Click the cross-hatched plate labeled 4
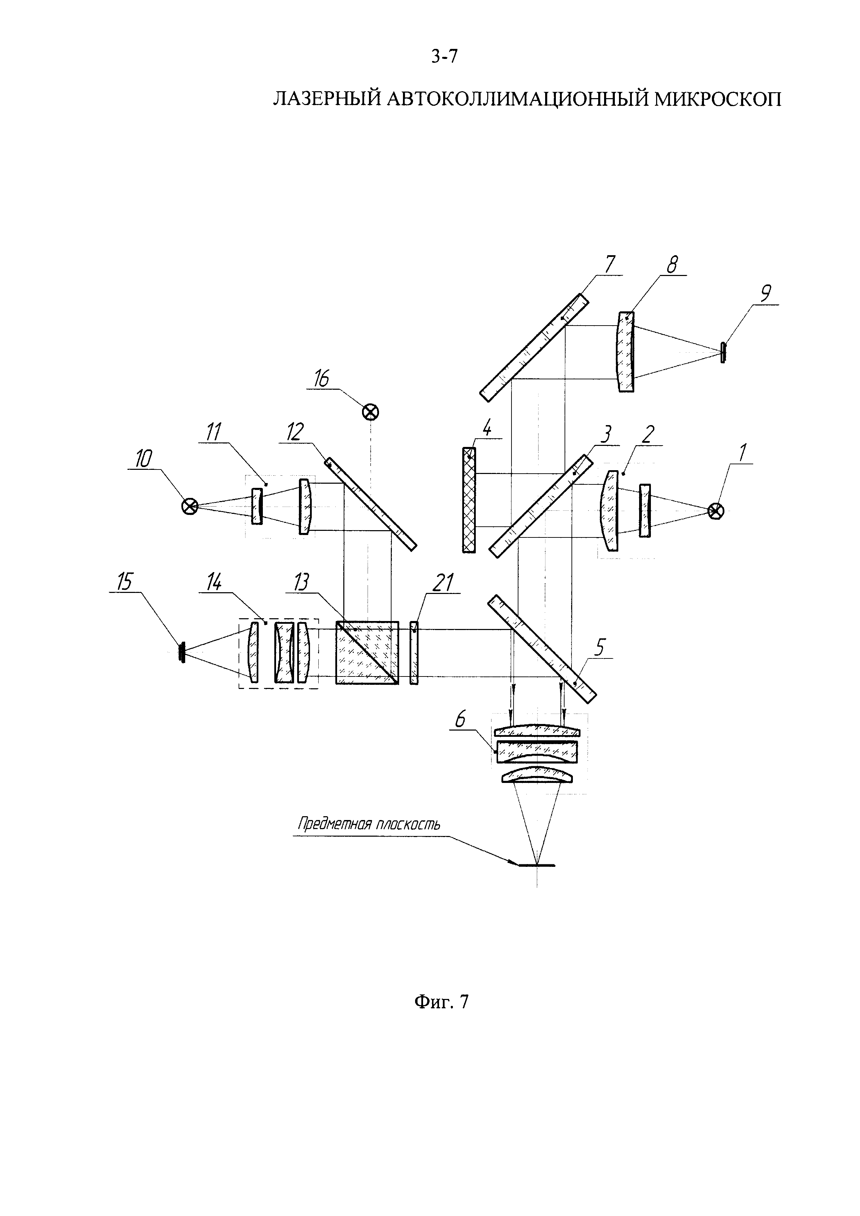[469, 500]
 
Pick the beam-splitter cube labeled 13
[367, 653]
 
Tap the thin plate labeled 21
[414, 653]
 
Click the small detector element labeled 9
[723, 352]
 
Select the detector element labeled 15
[182, 653]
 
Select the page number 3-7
[444, 56]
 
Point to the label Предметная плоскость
[369, 825]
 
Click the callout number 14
[213, 583]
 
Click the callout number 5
[601, 647]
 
